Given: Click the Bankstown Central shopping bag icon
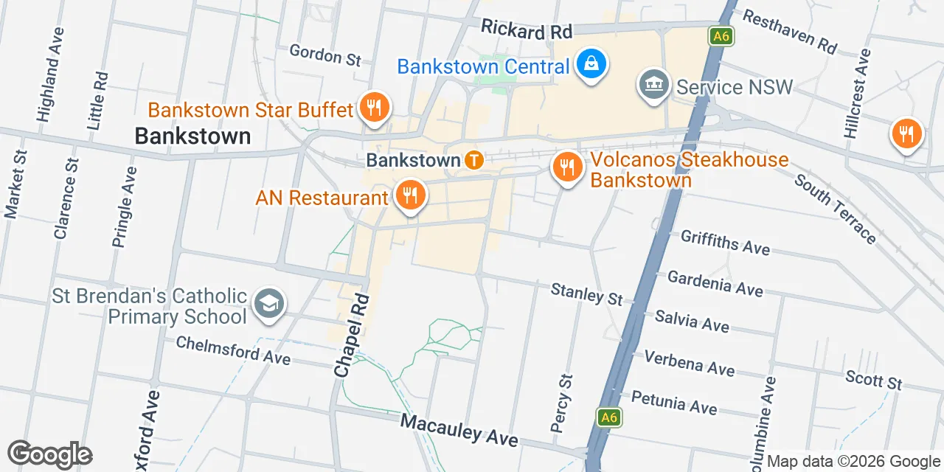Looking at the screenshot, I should (591, 64).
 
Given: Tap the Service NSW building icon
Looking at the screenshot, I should (653, 85).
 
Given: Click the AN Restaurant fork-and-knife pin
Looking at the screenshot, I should (408, 195).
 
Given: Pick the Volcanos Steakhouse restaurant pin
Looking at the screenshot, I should (567, 168).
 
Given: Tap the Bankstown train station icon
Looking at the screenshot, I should (473, 160).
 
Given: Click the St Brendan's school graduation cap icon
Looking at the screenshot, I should (269, 304).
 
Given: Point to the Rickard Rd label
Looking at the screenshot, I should (527, 30).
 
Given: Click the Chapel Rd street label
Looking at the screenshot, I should (352, 336).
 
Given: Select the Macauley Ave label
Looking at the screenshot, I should (459, 429).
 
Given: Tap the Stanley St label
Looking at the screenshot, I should (587, 294).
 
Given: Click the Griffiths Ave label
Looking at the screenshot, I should (725, 242).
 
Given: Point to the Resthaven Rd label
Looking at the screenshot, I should (788, 32).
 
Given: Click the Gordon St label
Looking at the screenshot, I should (325, 55).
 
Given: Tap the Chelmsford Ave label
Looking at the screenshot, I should (233, 350).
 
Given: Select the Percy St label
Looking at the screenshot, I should (561, 403).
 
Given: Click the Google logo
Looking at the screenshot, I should (49, 454).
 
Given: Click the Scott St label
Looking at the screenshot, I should (874, 380).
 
